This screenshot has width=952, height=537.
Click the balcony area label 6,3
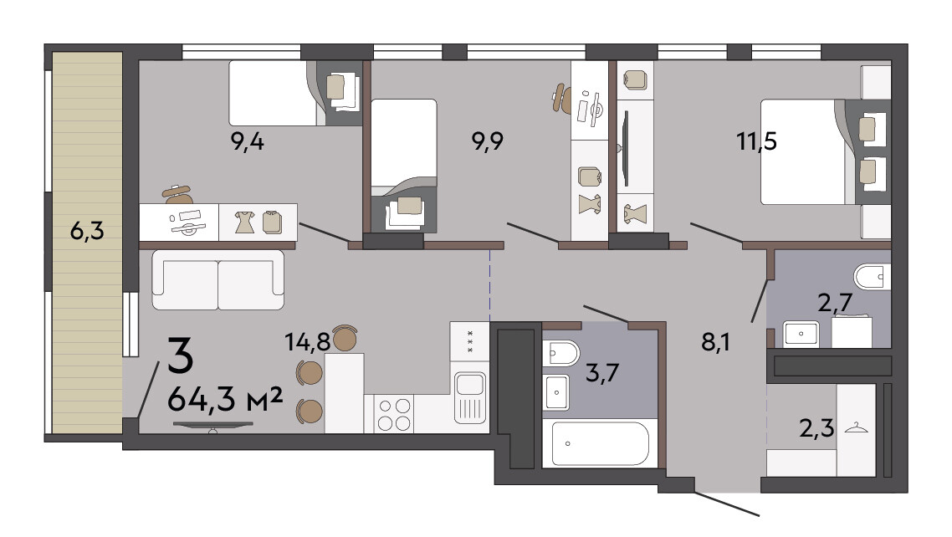pyautogui.click(x=87, y=231)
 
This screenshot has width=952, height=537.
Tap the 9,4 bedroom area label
pyautogui.click(x=247, y=142)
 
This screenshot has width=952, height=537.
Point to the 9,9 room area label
pyautogui.click(x=488, y=142)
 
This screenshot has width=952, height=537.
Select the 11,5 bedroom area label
pyautogui.click(x=756, y=142)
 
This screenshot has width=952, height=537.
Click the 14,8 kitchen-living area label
pyautogui.click(x=308, y=342)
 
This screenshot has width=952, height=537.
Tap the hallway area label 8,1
pyautogui.click(x=716, y=343)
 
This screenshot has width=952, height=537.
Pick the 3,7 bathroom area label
pyautogui.click(x=601, y=372)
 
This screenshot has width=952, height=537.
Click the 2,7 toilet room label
pyautogui.click(x=836, y=302)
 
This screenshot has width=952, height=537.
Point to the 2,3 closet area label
pyautogui.click(x=816, y=428)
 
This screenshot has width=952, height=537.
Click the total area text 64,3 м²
pyautogui.click(x=225, y=399)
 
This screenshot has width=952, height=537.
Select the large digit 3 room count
pyautogui.click(x=181, y=355)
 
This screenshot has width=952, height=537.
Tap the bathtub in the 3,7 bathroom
pyautogui.click(x=601, y=443)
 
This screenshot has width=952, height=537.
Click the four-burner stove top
pyautogui.click(x=393, y=414)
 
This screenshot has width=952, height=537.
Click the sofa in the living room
pyautogui.click(x=218, y=279)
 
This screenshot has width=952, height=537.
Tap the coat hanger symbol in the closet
pyautogui.click(x=856, y=427)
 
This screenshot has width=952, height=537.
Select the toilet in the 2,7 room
pyautogui.click(x=873, y=278)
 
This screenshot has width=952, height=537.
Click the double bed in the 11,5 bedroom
pyautogui.click(x=803, y=151)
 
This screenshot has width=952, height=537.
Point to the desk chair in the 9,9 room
pyautogui.click(x=561, y=99)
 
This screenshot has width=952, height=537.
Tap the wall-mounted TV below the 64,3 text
pyautogui.click(x=213, y=426)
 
